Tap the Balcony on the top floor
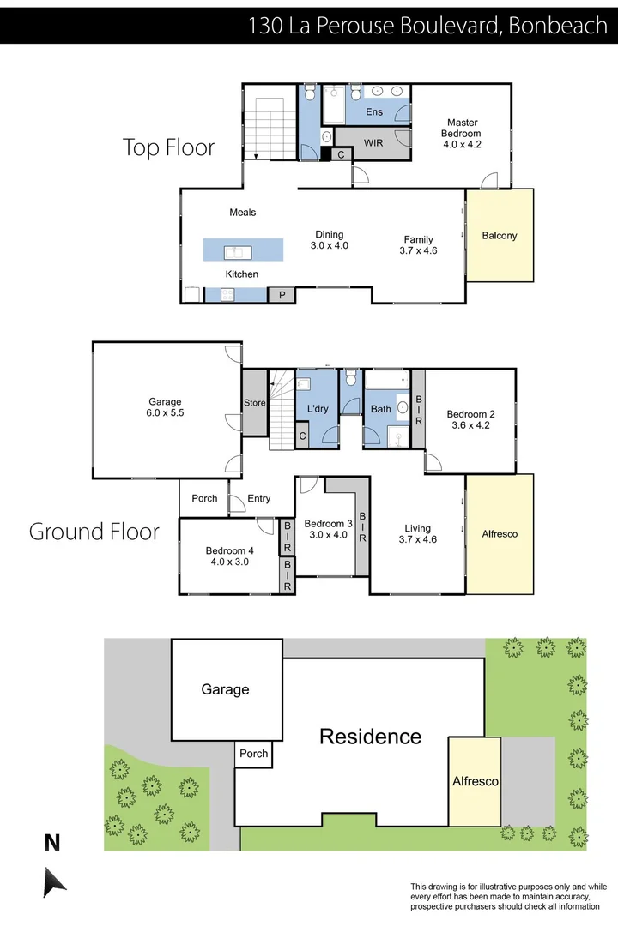click(500, 236)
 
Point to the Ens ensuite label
click(374, 112)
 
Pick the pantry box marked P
click(281, 295)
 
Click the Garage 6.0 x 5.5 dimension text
click(165, 412)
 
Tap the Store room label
click(255, 403)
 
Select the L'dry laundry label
click(318, 409)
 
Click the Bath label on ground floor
click(380, 409)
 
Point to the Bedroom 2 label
click(471, 414)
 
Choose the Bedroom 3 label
click(328, 524)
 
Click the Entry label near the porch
click(259, 498)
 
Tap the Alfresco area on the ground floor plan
click(500, 533)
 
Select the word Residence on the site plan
click(370, 736)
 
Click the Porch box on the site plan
click(253, 754)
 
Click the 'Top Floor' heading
click(168, 147)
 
